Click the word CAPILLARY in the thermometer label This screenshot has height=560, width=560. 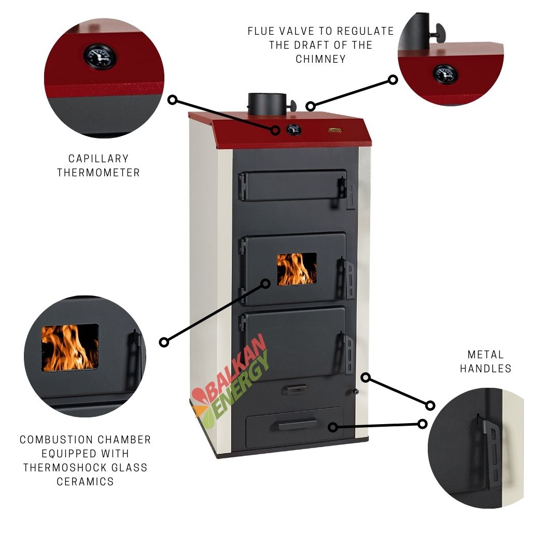point(98,159)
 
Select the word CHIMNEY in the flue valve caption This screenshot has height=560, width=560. point(321,59)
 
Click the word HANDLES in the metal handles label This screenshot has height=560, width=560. point(486,369)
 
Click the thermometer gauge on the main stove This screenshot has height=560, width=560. point(293,130)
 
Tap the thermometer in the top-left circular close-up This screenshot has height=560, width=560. point(100,57)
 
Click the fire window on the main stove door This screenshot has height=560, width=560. point(297,269)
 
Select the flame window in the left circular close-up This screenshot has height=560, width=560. point(70,348)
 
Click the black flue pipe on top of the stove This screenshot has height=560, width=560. point(267,104)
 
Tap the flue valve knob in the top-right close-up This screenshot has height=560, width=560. point(439,33)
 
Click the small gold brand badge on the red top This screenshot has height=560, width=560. point(335,130)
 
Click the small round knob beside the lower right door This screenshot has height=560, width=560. point(355,391)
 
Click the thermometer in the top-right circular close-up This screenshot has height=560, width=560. point(445,74)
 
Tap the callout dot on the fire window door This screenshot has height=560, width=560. point(265,284)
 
